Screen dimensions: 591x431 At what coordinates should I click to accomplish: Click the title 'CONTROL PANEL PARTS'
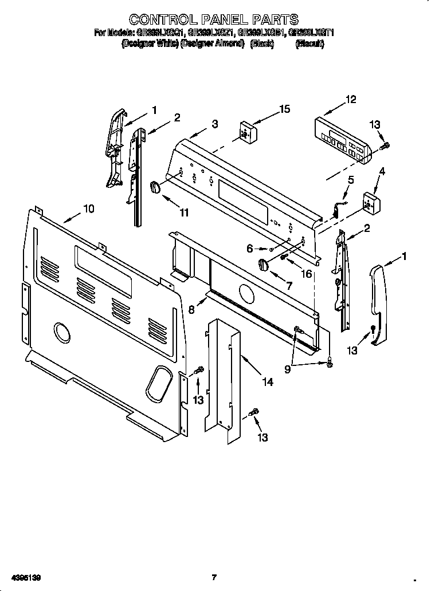[x=213, y=21]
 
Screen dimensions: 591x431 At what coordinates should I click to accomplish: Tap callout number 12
[x=350, y=100]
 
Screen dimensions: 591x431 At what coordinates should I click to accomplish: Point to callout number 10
[x=88, y=209]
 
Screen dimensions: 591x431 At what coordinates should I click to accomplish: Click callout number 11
[x=184, y=212]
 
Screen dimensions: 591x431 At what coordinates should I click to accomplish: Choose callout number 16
[x=306, y=274]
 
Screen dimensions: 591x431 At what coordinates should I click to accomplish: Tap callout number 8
[x=192, y=310]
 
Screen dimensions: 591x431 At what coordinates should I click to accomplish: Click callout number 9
[x=287, y=369]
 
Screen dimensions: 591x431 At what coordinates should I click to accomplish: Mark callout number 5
[x=351, y=180]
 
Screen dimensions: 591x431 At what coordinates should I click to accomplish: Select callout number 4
[x=382, y=171]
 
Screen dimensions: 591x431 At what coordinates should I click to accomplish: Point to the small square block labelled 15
[x=246, y=132]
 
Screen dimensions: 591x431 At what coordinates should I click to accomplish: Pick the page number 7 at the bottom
[x=213, y=577]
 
